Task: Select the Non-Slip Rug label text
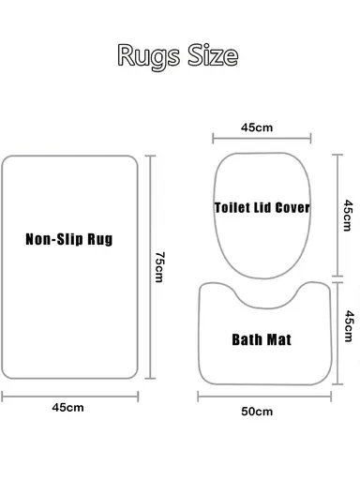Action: [69, 239]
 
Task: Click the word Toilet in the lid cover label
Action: [230, 205]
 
